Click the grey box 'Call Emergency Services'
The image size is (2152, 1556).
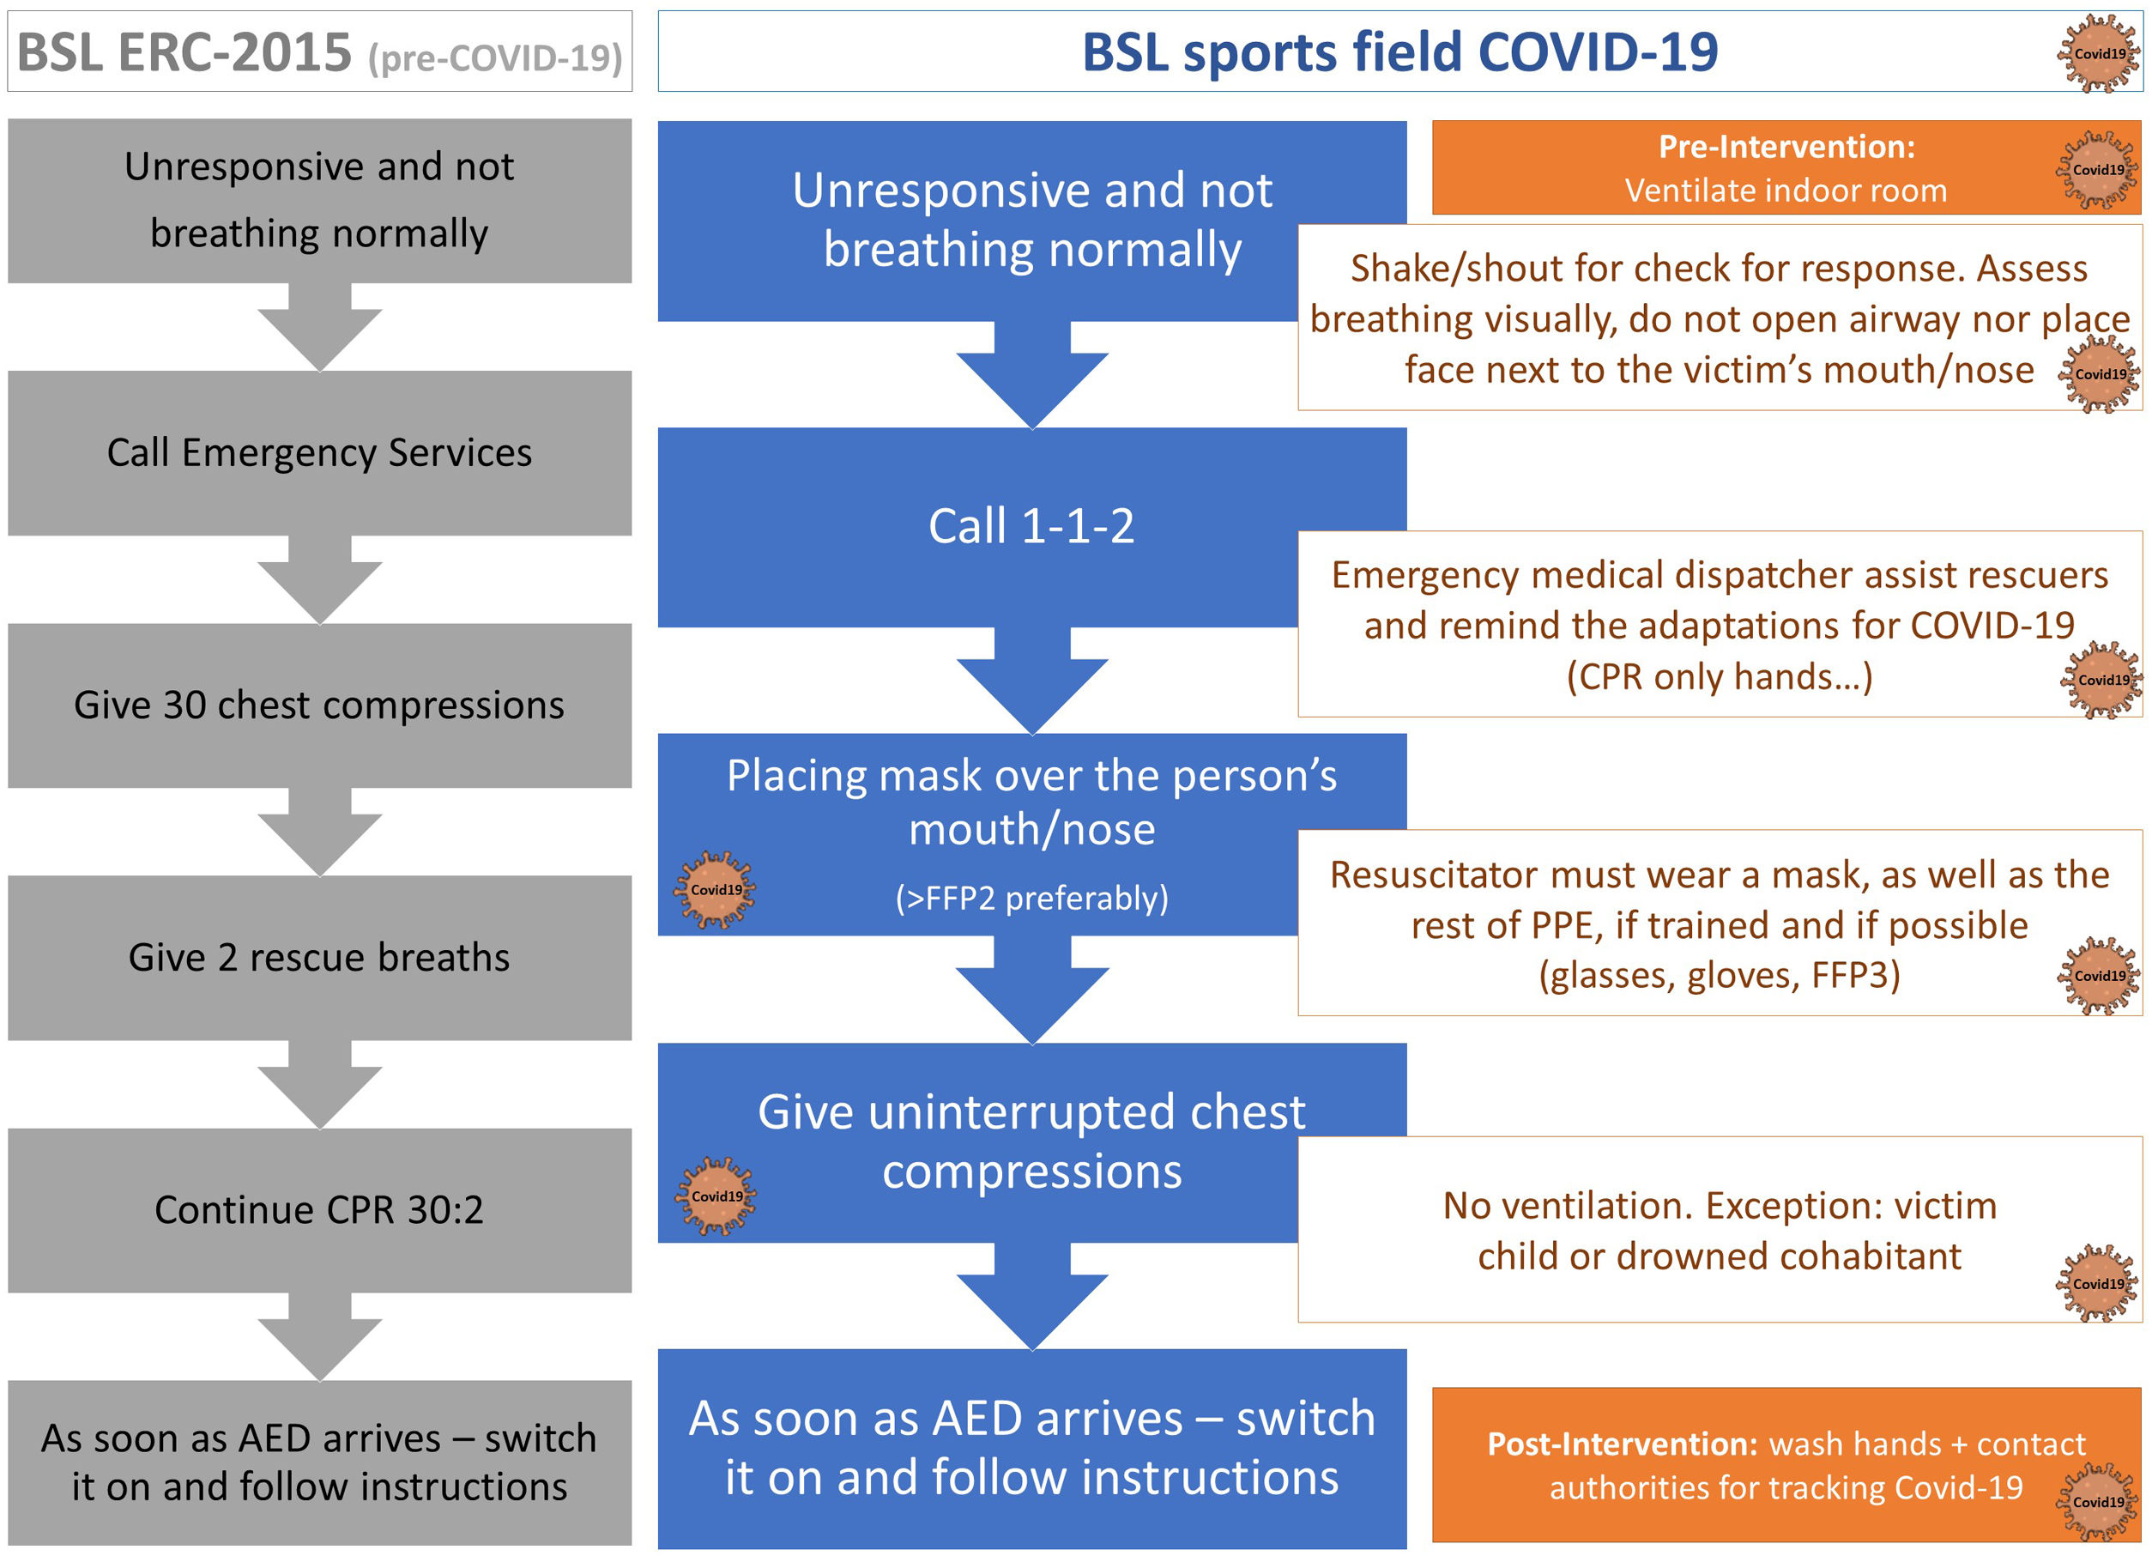pos(319,452)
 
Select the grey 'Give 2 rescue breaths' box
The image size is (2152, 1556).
pos(319,957)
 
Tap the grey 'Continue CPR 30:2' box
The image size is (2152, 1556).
pos(319,1209)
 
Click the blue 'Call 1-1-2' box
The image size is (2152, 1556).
pos(1031,527)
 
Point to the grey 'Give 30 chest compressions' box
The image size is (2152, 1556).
pos(319,705)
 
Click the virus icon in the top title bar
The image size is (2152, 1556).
pos(2099,53)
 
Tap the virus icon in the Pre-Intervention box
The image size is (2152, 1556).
pos(2098,170)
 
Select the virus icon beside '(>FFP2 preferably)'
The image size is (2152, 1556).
pos(716,890)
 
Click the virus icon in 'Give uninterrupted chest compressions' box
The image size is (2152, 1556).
pos(716,1196)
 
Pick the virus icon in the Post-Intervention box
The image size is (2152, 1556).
pos(2098,1502)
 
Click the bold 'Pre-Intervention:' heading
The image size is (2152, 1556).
pos(1786,147)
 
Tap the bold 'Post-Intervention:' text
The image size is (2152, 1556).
pos(1623,1443)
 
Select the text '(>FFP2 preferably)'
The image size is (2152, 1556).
pos(1031,898)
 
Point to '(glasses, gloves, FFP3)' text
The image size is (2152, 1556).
pos(1720,975)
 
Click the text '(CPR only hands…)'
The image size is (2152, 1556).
pos(1720,676)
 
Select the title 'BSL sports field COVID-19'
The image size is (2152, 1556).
pos(1399,52)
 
